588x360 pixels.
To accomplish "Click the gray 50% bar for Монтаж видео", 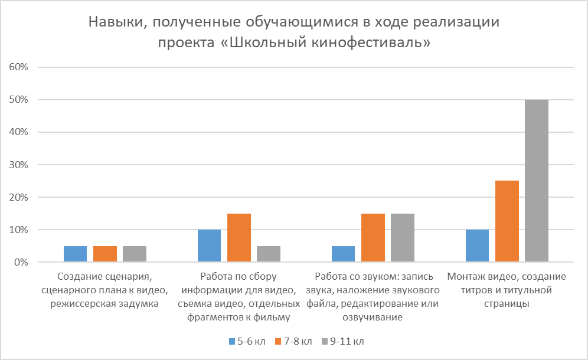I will (537, 181).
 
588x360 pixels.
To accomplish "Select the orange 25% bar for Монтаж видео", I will (507, 221).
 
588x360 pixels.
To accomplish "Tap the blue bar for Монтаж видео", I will (478, 246).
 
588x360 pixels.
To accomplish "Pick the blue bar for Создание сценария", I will (76, 254).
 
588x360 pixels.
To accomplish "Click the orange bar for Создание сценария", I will (105, 254).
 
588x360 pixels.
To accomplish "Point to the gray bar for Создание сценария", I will (135, 254).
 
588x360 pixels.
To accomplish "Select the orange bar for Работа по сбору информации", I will (239, 238).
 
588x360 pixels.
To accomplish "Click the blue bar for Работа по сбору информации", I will (210, 246).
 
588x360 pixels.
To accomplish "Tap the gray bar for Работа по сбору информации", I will (269, 254).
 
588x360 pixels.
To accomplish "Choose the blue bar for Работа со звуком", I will (344, 254).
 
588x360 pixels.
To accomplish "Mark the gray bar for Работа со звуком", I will (403, 238).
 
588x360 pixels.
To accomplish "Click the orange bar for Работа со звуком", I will (373, 238).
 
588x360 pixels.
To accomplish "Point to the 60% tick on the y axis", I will (19, 67).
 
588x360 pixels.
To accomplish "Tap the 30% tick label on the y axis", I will (19, 165).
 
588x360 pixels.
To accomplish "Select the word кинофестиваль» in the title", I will (373, 43).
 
